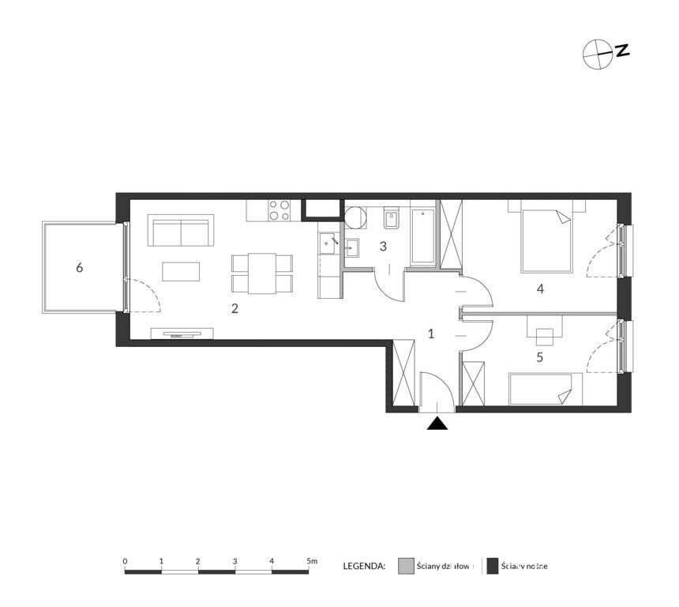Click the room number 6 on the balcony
coord(79,268)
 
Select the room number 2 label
coord(234,308)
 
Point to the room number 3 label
coord(383,246)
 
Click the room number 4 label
coord(540,289)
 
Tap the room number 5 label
coord(540,356)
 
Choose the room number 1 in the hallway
coord(431,334)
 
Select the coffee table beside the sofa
coord(182,271)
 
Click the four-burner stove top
coord(279,209)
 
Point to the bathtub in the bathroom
coord(423,235)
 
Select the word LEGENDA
coord(364,566)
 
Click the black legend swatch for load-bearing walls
coord(492,566)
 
